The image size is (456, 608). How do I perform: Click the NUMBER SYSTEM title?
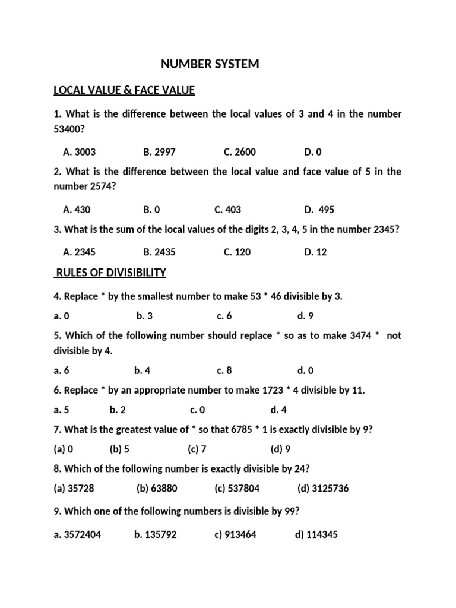211,64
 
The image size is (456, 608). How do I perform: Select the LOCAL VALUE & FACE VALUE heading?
124,90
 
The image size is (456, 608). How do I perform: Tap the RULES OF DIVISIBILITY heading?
110,273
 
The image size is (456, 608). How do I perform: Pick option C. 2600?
240,152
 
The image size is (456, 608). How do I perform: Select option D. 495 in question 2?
319,210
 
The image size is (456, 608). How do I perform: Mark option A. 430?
77,210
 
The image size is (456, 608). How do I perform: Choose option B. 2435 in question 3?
159,252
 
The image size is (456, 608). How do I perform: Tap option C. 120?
237,252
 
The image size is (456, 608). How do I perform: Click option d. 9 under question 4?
306,316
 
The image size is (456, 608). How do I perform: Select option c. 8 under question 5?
224,370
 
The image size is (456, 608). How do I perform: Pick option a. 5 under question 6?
61,410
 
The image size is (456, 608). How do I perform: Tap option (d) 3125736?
323,488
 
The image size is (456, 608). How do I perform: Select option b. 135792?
155,534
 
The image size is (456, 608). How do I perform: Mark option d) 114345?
316,534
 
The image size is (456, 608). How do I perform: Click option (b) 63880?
157,488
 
